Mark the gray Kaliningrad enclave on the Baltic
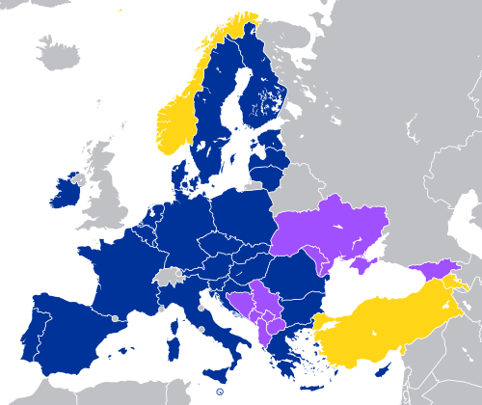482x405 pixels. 253,185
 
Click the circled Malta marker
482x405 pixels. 220,391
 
